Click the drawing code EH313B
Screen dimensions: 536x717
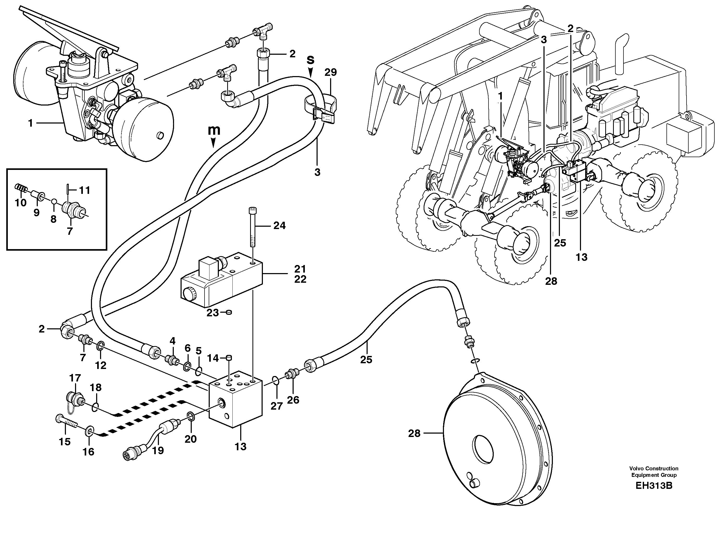coord(653,486)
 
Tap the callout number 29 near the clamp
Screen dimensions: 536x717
coord(331,72)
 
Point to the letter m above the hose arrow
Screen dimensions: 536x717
coord(214,130)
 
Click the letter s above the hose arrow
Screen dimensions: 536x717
coord(311,60)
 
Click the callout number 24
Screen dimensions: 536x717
coord(279,225)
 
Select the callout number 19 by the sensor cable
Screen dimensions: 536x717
coord(158,450)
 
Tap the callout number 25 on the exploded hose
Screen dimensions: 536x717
coord(366,359)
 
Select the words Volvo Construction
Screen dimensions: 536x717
coord(653,468)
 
